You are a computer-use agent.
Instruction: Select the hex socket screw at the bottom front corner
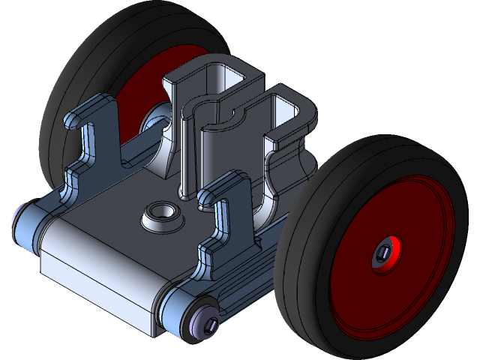tap(209, 324)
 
